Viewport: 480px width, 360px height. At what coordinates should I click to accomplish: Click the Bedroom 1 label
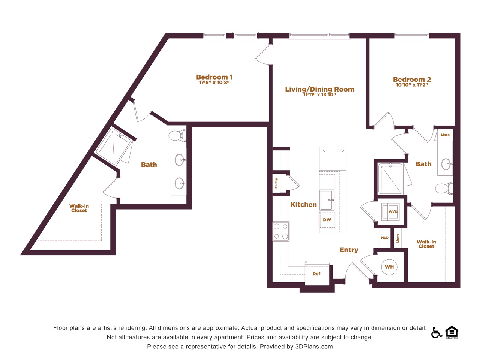click(x=214, y=77)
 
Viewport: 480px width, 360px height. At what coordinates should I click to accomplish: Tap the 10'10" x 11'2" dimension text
click(x=412, y=85)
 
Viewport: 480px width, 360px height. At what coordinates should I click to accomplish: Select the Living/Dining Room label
click(x=320, y=89)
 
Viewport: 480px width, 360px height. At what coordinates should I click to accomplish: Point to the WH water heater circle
click(x=389, y=267)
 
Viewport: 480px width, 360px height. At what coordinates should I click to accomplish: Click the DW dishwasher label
click(x=327, y=220)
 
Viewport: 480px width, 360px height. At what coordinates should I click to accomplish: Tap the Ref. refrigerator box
click(x=317, y=274)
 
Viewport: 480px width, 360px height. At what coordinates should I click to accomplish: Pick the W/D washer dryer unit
click(x=390, y=212)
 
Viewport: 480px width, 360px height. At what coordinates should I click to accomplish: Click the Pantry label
click(x=276, y=183)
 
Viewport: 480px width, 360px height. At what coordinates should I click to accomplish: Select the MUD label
click(x=385, y=238)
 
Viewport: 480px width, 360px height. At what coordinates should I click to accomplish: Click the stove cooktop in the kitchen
click(x=281, y=231)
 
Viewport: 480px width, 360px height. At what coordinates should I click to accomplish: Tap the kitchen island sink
click(x=327, y=200)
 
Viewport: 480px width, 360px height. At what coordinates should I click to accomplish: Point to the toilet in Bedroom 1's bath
click(x=177, y=136)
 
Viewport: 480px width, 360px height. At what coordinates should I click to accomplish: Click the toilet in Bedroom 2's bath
click(x=444, y=188)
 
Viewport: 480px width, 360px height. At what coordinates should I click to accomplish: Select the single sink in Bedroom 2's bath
click(x=446, y=164)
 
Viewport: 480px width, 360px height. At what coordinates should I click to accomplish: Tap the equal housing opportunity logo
click(x=452, y=332)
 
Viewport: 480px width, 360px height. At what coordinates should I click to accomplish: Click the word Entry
click(x=349, y=250)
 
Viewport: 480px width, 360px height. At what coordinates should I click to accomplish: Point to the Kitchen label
click(x=303, y=205)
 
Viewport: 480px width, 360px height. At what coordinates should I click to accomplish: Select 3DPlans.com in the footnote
click(x=314, y=346)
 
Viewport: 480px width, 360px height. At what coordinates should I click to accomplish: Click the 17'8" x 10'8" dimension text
click(x=214, y=82)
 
